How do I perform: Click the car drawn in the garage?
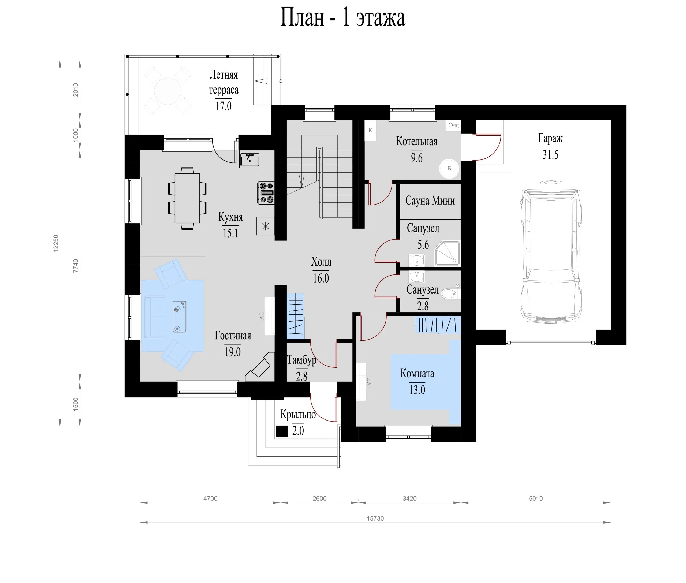coord(550,251)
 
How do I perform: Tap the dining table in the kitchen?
coord(187,198)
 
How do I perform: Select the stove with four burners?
coord(266,192)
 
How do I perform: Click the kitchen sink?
coord(249,160)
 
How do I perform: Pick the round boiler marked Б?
coord(449,169)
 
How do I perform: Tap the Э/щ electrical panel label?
coord(454,125)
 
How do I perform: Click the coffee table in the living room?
coord(180,316)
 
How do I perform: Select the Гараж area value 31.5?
coord(550,154)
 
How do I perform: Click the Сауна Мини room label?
coord(430,200)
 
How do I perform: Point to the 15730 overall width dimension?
coord(375,518)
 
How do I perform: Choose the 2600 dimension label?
coord(319,498)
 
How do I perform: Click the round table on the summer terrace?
coord(167,91)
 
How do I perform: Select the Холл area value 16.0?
coord(321,278)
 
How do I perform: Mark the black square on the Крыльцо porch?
coord(282,431)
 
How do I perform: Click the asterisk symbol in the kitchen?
coord(266,226)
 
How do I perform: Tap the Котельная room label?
coord(417,142)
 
